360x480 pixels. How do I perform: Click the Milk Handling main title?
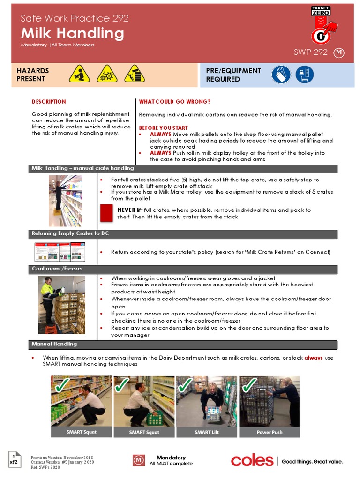click(73, 33)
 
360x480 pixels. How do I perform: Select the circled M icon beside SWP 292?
click(339, 53)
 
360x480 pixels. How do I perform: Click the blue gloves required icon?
click(281, 75)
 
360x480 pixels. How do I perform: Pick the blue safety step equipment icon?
click(305, 75)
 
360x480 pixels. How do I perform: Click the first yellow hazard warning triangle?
click(79, 74)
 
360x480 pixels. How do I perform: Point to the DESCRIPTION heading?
click(49, 102)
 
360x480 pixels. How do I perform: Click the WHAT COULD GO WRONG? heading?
click(175, 102)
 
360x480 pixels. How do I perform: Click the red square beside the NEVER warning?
click(106, 213)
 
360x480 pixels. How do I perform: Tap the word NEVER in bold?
click(126, 210)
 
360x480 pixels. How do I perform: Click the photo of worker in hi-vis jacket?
click(62, 305)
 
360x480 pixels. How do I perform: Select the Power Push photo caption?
click(270, 432)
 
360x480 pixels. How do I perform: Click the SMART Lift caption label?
click(207, 432)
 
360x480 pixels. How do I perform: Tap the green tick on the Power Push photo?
click(248, 386)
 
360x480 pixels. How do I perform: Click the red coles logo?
click(252, 461)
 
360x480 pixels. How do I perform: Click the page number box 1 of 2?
click(15, 458)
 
